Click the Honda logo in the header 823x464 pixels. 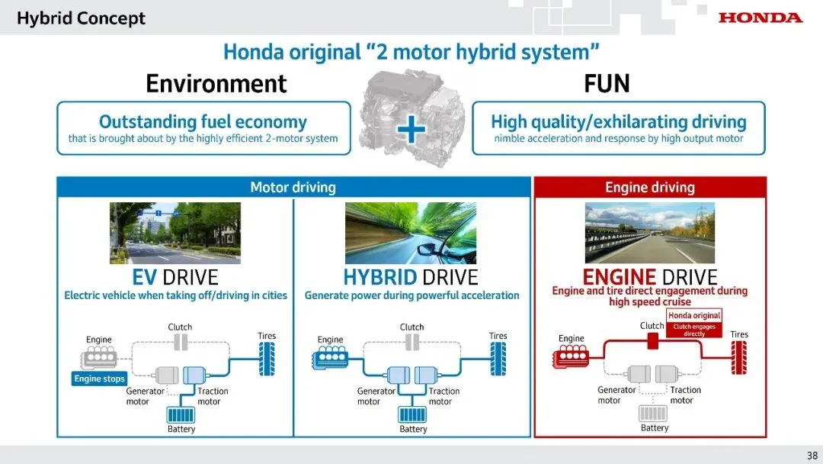coord(760,17)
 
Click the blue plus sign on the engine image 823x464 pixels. coord(411,129)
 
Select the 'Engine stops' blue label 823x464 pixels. coord(99,379)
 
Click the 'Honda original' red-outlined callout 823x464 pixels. coord(694,315)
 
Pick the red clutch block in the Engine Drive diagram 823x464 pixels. coord(652,341)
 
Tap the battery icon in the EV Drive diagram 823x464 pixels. coord(181,415)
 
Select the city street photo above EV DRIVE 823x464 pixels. coord(175,233)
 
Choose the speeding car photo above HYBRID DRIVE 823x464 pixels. coord(411,233)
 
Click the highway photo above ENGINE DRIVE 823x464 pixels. coord(650,233)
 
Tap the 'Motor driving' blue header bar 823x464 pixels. coord(293,187)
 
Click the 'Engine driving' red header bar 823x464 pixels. coord(650,187)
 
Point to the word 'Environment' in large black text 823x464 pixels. coord(216,83)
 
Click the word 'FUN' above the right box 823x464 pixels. coord(607,83)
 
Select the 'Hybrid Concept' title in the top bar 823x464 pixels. coord(81,18)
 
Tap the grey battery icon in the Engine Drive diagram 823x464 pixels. coord(655,414)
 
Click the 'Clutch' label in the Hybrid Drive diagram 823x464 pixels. coord(412,327)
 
